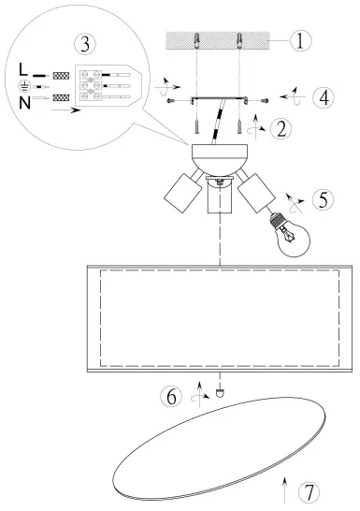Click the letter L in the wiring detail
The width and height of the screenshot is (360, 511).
pyautogui.click(x=22, y=69)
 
